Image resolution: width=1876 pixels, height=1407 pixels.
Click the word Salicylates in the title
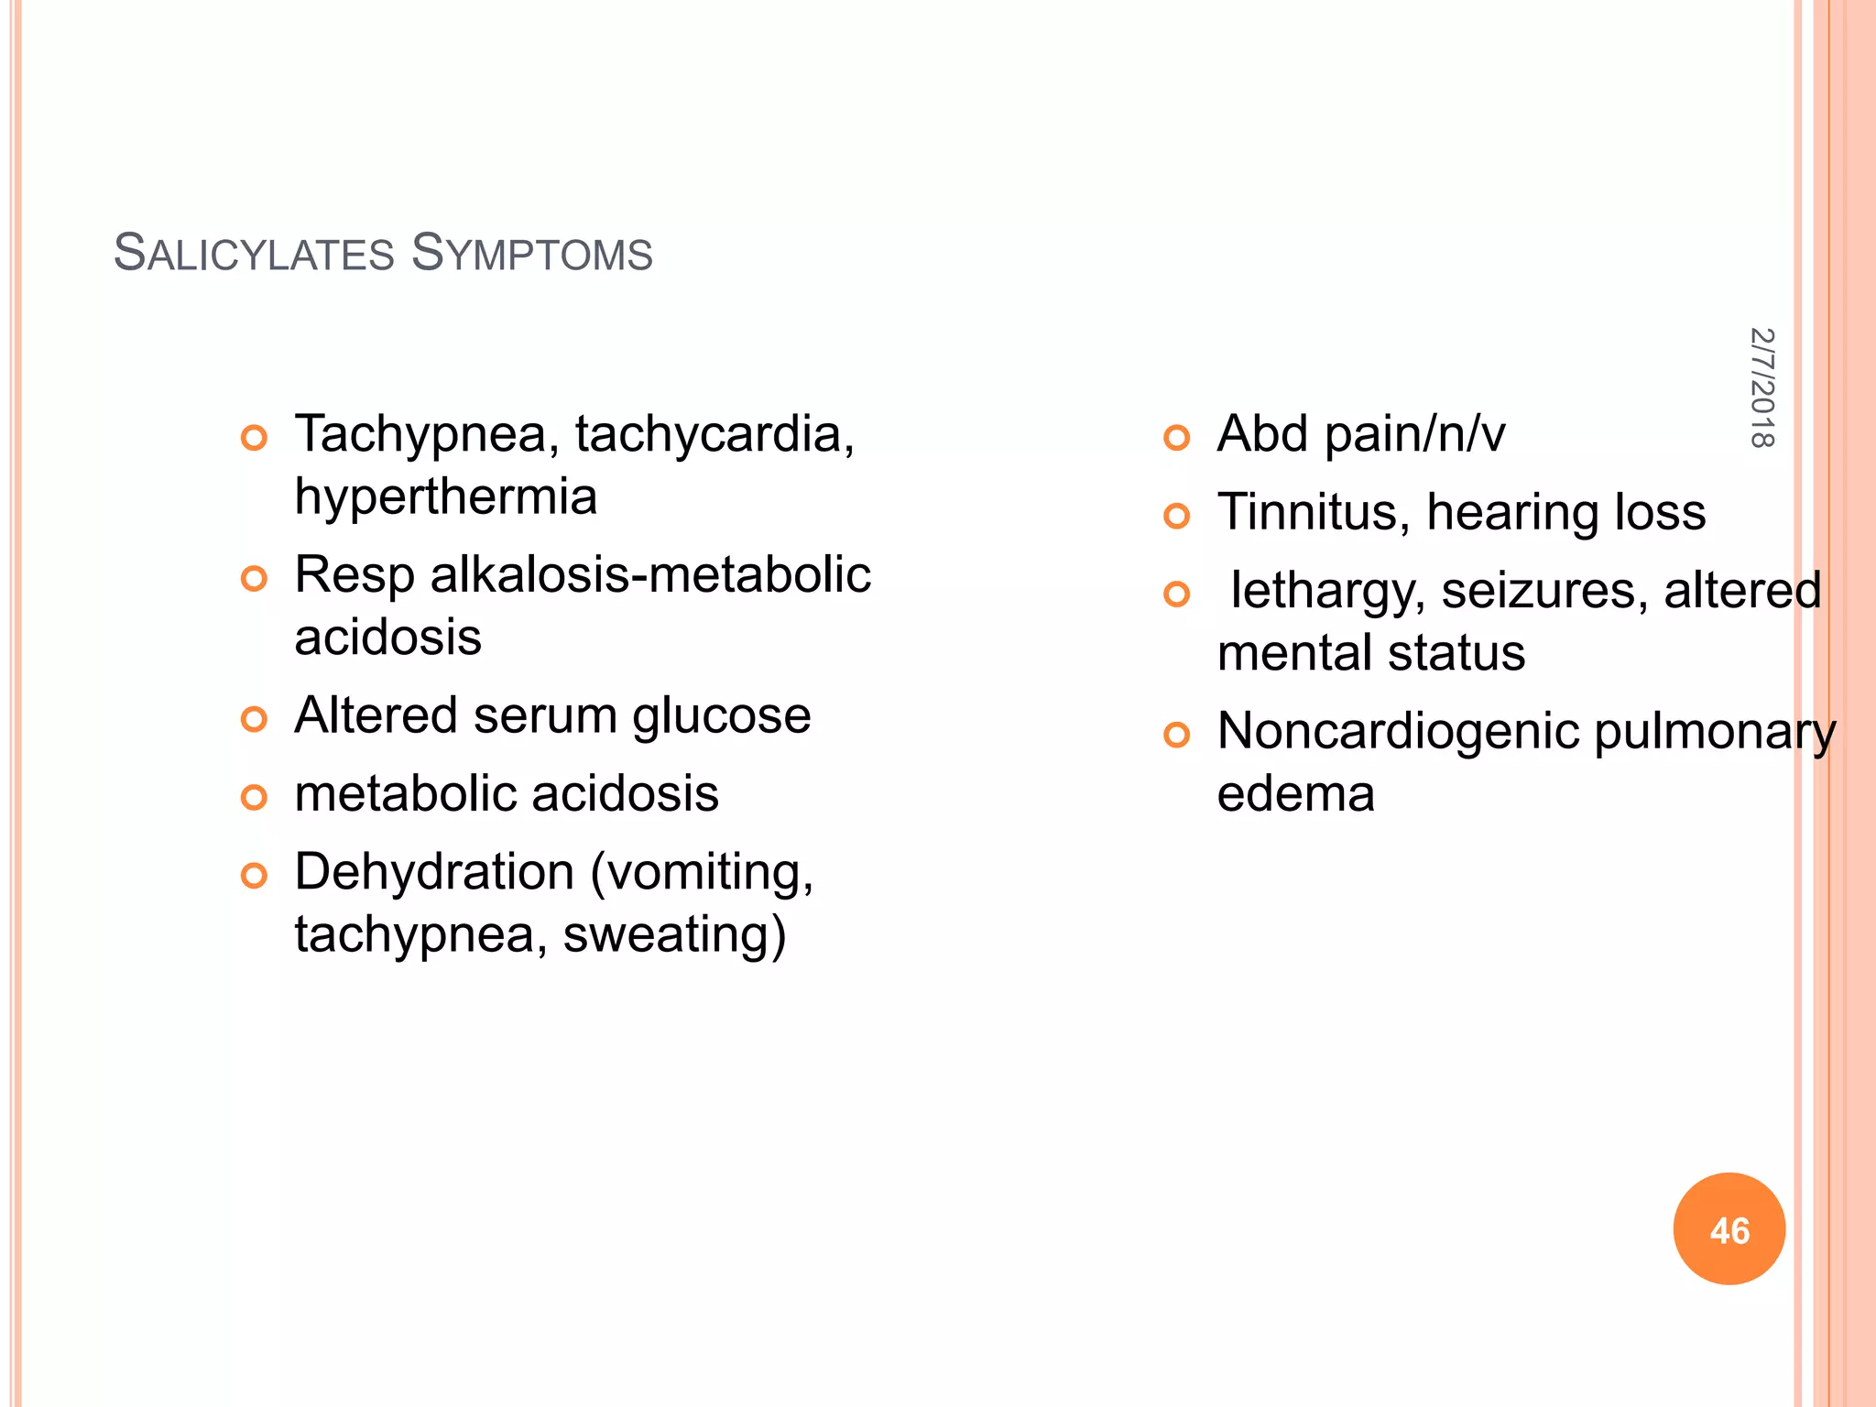point(255,254)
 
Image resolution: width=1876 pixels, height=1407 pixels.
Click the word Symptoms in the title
point(531,254)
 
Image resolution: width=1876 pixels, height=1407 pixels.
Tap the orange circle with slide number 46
point(1729,1228)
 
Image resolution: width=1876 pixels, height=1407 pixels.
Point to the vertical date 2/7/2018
point(1761,387)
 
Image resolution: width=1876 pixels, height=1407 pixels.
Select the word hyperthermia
point(445,497)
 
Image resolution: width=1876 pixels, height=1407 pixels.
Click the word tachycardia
point(713,434)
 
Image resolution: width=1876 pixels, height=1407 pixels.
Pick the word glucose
point(721,715)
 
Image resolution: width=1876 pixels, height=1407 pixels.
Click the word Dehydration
point(434,872)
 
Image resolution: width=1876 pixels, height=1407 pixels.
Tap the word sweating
point(673,935)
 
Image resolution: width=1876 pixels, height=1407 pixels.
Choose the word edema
point(1295,794)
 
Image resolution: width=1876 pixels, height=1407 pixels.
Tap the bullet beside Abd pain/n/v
point(1176,438)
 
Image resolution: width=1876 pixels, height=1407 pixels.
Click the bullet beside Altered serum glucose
point(254,719)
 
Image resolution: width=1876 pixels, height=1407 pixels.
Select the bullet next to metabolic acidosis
point(254,797)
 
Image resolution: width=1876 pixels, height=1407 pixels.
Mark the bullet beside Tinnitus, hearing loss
point(1176,517)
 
